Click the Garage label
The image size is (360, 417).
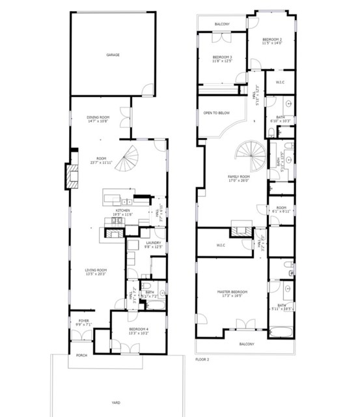(113, 55)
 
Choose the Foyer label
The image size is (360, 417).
(83, 321)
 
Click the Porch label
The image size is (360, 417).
(82, 356)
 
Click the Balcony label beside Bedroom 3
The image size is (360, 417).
(222, 24)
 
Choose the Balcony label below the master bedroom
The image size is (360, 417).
(246, 344)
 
